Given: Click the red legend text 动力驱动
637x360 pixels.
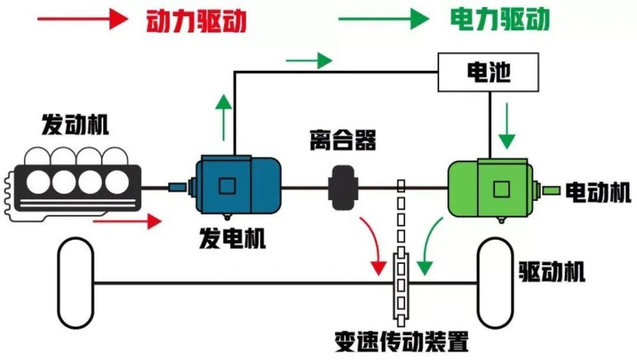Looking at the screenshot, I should pyautogui.click(x=196, y=21).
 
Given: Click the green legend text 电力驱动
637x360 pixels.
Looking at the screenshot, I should pyautogui.click(x=499, y=21).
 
